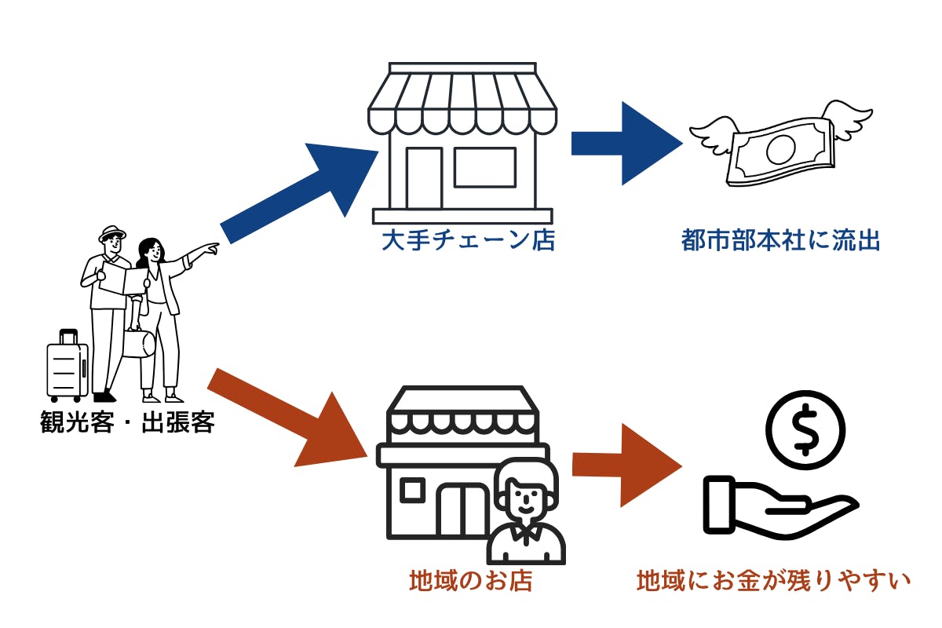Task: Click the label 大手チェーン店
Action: (x=468, y=239)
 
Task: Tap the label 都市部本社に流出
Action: (x=780, y=239)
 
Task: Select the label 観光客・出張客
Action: (x=127, y=423)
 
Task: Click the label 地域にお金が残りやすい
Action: (x=772, y=581)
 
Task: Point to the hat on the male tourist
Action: (x=111, y=234)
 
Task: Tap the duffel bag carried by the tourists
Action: (x=139, y=344)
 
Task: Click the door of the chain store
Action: (x=423, y=177)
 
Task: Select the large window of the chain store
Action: (x=484, y=167)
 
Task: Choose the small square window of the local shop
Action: (x=412, y=490)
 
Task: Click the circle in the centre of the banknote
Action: (x=781, y=148)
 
